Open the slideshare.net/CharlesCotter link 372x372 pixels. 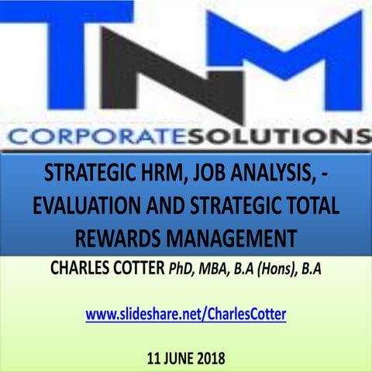coord(186,315)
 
